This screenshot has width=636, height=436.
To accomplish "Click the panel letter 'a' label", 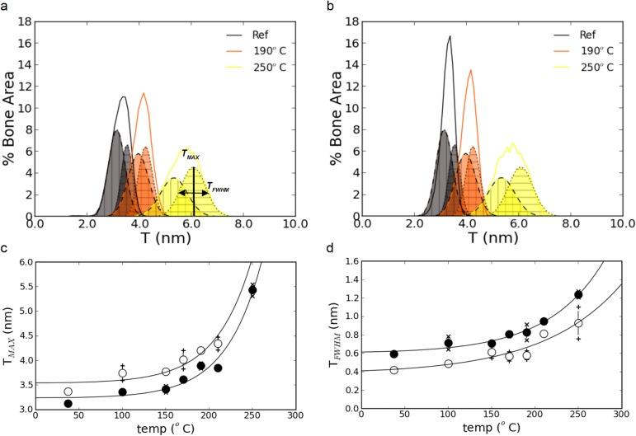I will pyautogui.click(x=5, y=6).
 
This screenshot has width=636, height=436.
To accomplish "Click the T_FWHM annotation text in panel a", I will pyautogui.click(x=220, y=186).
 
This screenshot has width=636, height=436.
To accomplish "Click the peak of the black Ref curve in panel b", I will pyautogui.click(x=450, y=36).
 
